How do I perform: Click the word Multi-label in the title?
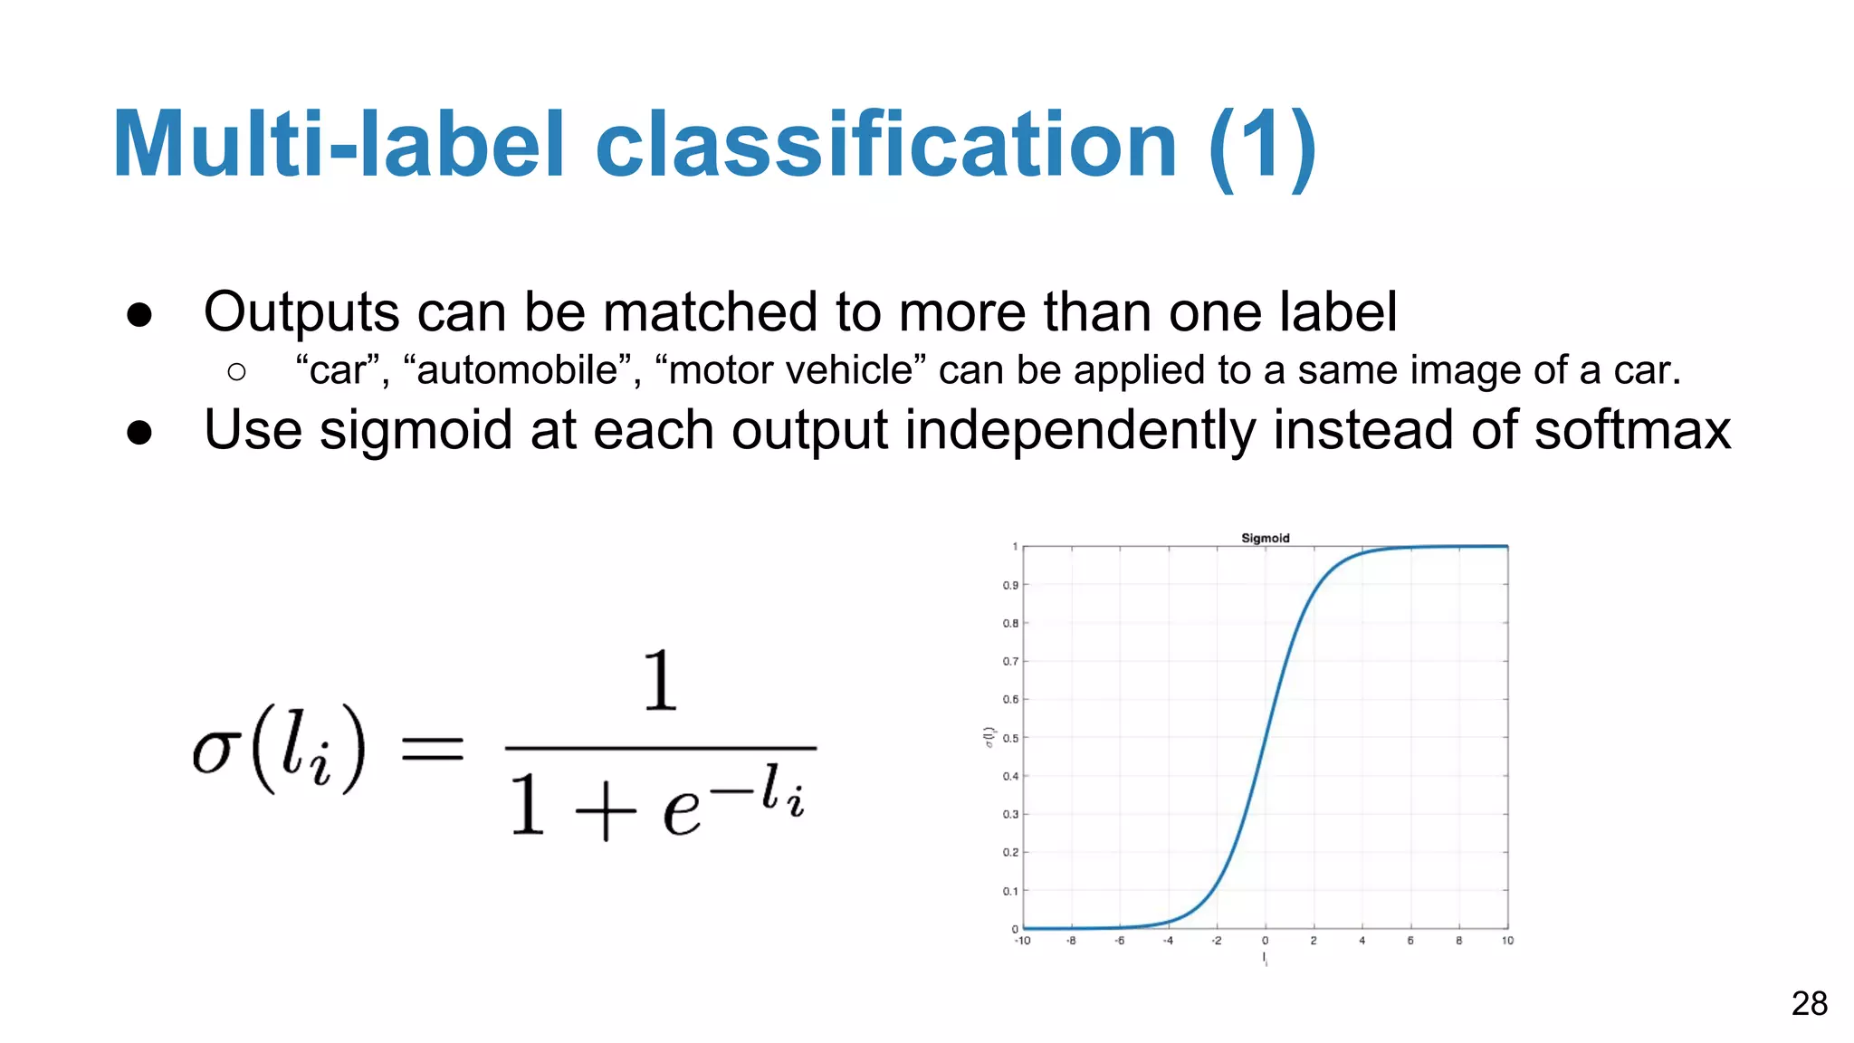tap(339, 145)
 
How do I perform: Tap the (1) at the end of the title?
tap(1262, 145)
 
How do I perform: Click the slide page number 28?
tap(1809, 1003)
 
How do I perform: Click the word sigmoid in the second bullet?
tap(416, 431)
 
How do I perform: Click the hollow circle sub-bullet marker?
tap(237, 371)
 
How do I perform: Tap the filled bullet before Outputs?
tap(139, 314)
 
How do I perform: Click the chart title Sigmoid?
tap(1265, 538)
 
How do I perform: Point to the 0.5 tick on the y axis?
tap(1010, 738)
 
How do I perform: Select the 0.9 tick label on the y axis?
tap(1010, 585)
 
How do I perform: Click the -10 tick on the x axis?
tap(1022, 941)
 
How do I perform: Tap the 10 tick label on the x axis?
tap(1507, 941)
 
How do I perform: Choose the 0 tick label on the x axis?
tap(1265, 941)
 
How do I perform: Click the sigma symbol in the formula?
tap(216, 751)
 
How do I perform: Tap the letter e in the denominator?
tap(681, 810)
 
